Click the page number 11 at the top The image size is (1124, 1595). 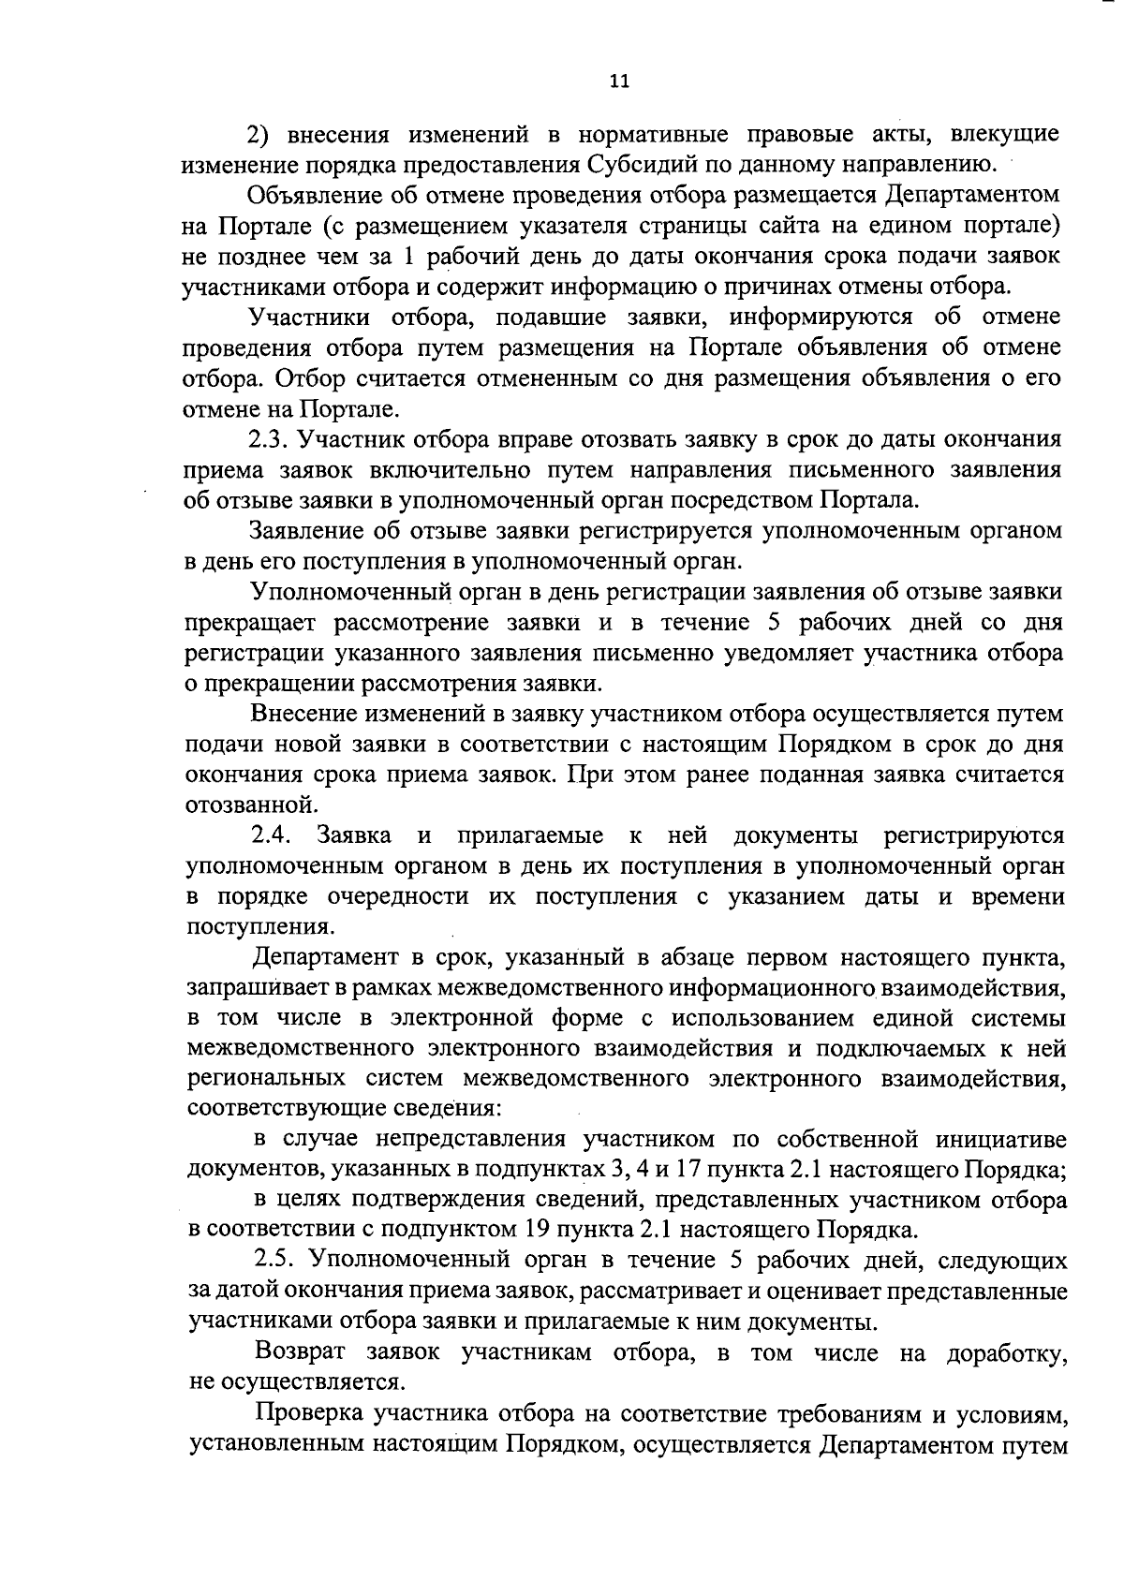tap(619, 81)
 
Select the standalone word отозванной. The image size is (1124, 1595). tap(247, 805)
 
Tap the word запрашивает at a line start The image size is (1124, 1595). tap(248, 988)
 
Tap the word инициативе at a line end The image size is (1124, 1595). tap(999, 1140)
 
